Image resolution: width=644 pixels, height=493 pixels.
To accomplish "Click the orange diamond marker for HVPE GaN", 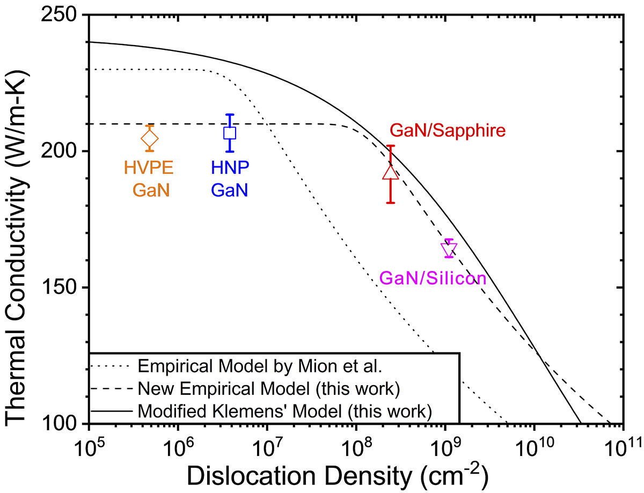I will (150, 138).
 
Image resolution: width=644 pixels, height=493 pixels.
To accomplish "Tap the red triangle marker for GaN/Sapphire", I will (391, 172).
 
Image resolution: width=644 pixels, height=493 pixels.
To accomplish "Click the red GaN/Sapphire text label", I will (448, 131).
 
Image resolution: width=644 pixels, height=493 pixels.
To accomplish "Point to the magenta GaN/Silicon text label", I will (433, 278).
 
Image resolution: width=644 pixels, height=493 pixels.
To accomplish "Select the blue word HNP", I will (230, 168).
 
